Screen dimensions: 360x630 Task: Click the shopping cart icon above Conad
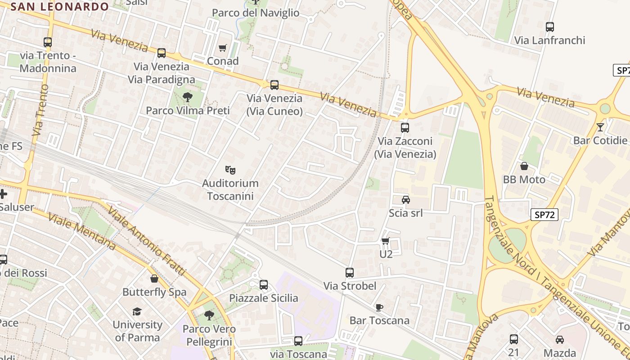[222, 48]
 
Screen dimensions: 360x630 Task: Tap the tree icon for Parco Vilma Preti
[188, 97]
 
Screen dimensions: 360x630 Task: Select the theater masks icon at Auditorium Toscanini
[230, 170]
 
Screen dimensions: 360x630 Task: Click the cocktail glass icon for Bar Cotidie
[600, 127]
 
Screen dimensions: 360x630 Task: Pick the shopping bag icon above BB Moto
[524, 166]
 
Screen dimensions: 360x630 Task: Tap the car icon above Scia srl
[405, 199]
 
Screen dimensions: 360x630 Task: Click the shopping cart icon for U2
[385, 241]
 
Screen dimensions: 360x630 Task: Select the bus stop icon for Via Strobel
[350, 272]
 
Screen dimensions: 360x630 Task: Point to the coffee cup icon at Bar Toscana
[379, 307]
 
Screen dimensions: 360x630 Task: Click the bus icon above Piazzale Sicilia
[264, 284]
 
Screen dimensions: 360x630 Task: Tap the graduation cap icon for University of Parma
[137, 311]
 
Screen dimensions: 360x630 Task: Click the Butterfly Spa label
[154, 292]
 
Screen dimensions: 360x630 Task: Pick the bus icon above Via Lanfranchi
[549, 27]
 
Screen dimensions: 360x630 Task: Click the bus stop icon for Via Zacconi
[405, 127]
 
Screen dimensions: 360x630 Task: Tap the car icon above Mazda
[559, 339]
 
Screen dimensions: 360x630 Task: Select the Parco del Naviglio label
[255, 13]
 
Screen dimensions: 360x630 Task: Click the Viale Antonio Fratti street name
[146, 241]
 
